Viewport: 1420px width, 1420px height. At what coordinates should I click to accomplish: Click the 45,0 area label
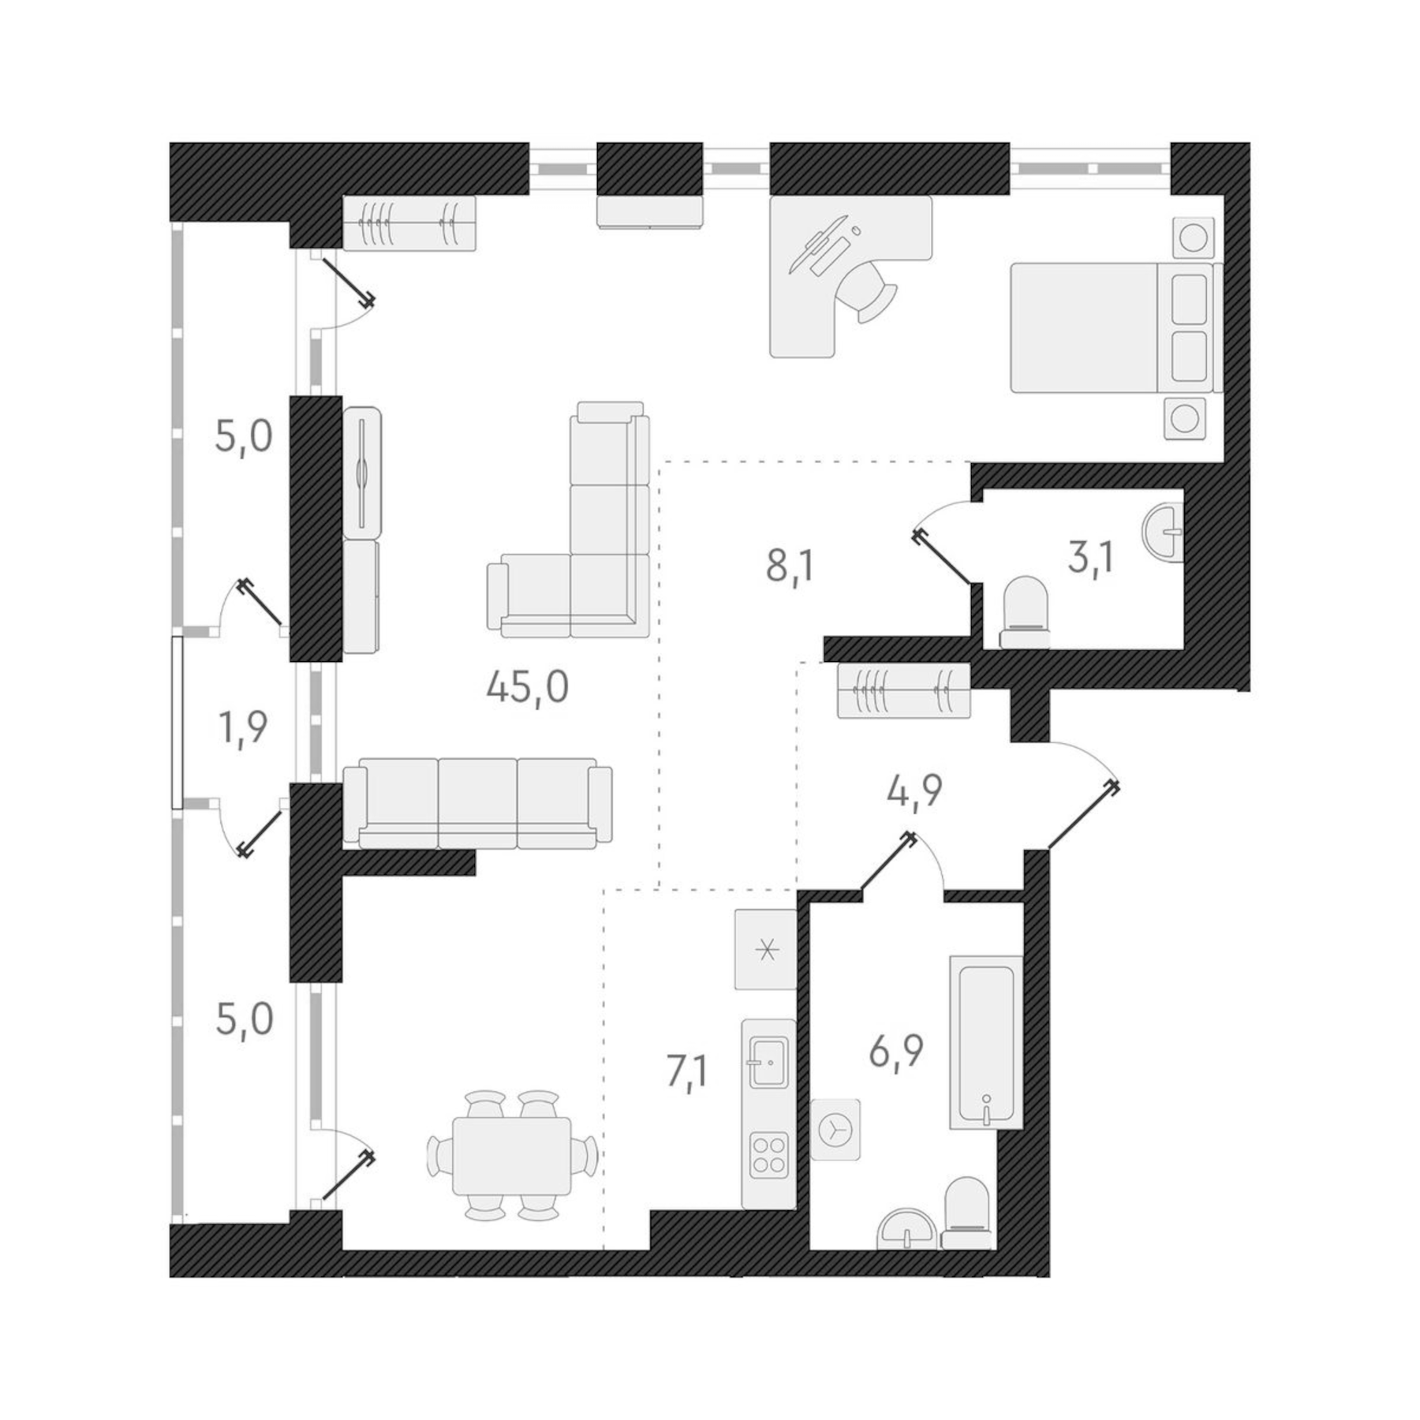[x=527, y=688]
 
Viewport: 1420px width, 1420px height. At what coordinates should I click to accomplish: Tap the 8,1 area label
[x=790, y=566]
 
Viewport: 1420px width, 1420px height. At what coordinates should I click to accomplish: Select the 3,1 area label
[x=1091, y=559]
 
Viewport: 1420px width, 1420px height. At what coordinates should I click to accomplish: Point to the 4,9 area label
[x=914, y=791]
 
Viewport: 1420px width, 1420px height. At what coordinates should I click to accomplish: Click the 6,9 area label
[x=896, y=1051]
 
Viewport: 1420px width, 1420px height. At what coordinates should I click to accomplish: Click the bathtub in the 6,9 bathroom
[x=985, y=1041]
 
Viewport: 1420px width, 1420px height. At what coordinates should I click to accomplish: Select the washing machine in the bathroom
[x=835, y=1130]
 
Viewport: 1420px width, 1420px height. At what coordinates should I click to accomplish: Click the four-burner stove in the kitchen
[x=768, y=1155]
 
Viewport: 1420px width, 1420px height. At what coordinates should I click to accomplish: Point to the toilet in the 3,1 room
[x=1025, y=612]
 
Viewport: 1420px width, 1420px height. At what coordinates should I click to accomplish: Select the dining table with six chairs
[x=512, y=1156]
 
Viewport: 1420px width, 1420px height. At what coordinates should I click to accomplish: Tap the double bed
[x=1112, y=327]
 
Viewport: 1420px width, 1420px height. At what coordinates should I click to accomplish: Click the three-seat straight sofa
[x=478, y=802]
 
